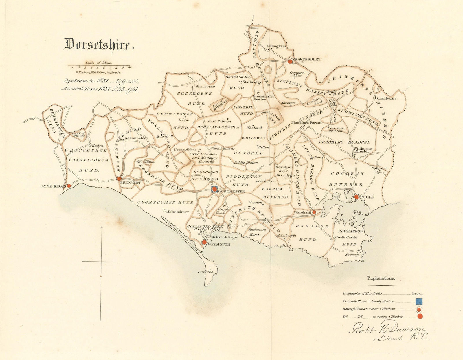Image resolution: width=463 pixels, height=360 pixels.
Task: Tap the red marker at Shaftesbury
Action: (x=290, y=61)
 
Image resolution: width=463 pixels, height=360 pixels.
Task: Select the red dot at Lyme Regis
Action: (x=69, y=185)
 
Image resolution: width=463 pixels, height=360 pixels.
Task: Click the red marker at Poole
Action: (x=357, y=197)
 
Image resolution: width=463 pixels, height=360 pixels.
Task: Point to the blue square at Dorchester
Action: (x=214, y=189)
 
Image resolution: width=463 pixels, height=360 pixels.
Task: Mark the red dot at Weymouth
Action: (x=204, y=242)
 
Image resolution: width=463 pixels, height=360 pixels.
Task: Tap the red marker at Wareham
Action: (x=314, y=212)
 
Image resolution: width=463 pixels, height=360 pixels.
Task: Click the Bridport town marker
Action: (x=119, y=179)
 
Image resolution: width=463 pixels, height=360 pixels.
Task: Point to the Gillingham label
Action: (x=276, y=46)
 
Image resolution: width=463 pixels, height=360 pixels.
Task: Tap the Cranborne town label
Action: (x=387, y=98)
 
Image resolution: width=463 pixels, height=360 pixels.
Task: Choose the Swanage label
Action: (x=352, y=255)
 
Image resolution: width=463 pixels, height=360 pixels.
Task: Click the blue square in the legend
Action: (x=419, y=301)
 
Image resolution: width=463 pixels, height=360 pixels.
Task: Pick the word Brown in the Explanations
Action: (x=417, y=293)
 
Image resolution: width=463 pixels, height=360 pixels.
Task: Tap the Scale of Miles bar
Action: (x=98, y=66)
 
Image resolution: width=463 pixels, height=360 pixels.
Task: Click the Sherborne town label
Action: (x=206, y=87)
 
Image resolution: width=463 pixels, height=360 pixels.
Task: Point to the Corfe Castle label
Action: (x=346, y=238)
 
